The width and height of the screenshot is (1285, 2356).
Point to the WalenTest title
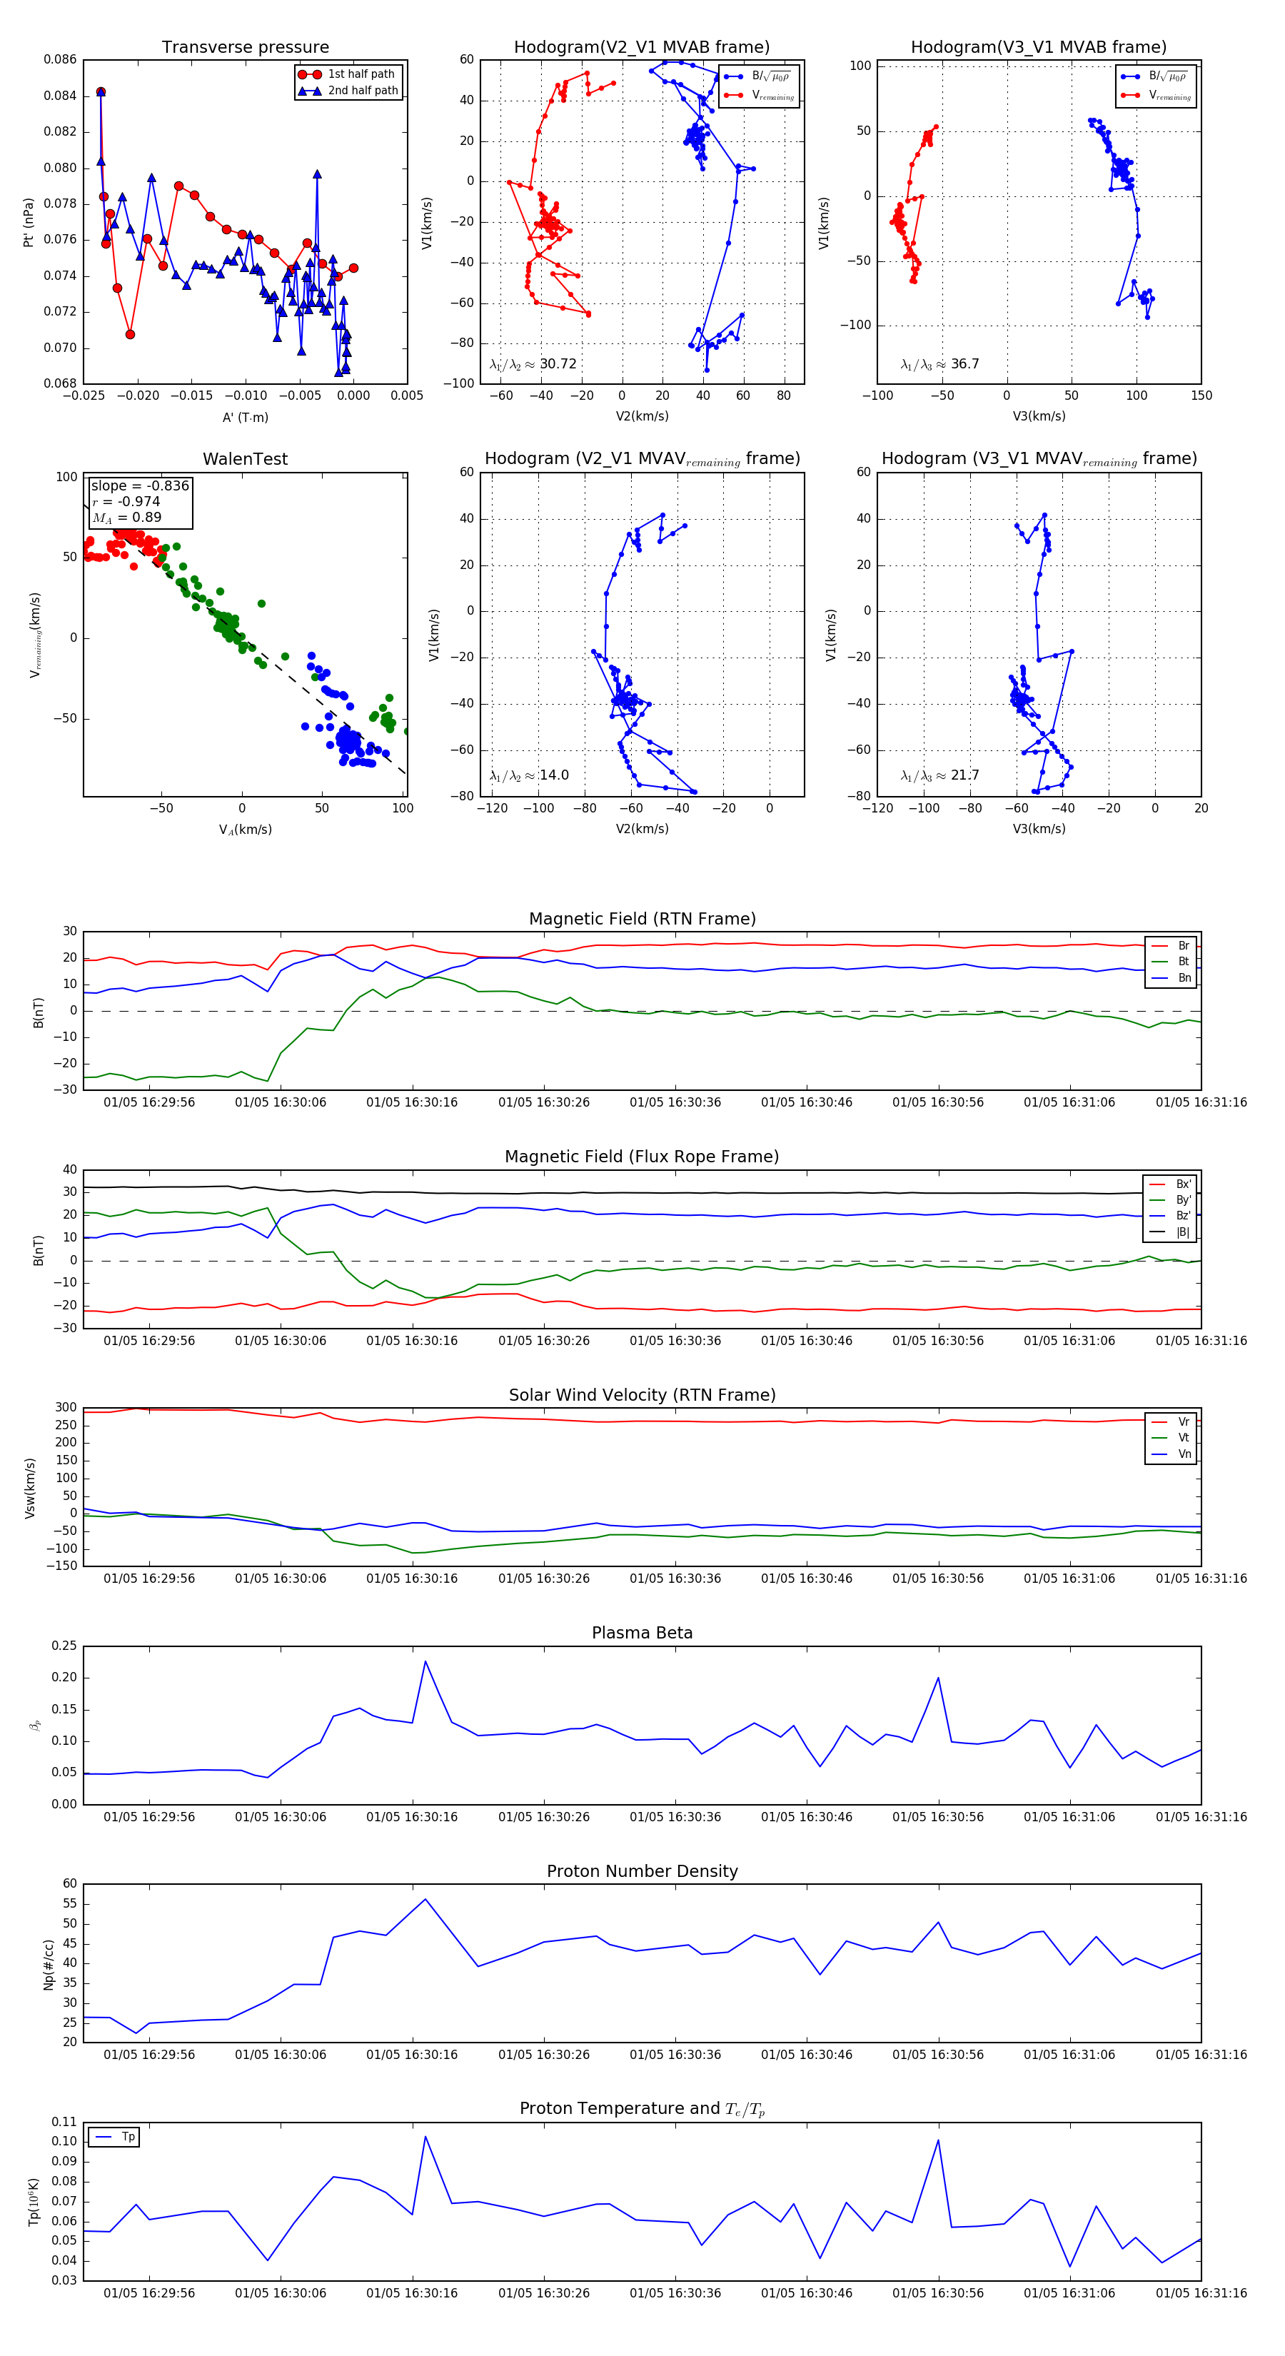(x=245, y=459)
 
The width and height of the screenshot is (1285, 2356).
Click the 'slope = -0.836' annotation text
(x=140, y=485)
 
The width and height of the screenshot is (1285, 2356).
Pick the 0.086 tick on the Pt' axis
(x=61, y=59)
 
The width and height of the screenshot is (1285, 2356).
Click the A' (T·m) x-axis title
(x=245, y=417)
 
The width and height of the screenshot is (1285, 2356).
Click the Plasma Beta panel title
(x=642, y=1633)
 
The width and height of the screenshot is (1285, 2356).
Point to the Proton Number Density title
(x=642, y=1871)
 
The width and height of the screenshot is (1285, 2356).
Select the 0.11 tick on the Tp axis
(x=64, y=2122)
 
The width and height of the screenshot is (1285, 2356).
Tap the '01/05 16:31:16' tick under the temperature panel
(x=1200, y=2293)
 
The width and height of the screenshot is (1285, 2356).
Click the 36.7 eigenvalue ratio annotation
(x=964, y=364)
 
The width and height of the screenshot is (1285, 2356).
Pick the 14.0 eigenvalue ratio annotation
(x=553, y=775)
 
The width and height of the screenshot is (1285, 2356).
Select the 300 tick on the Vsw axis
(x=66, y=1408)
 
